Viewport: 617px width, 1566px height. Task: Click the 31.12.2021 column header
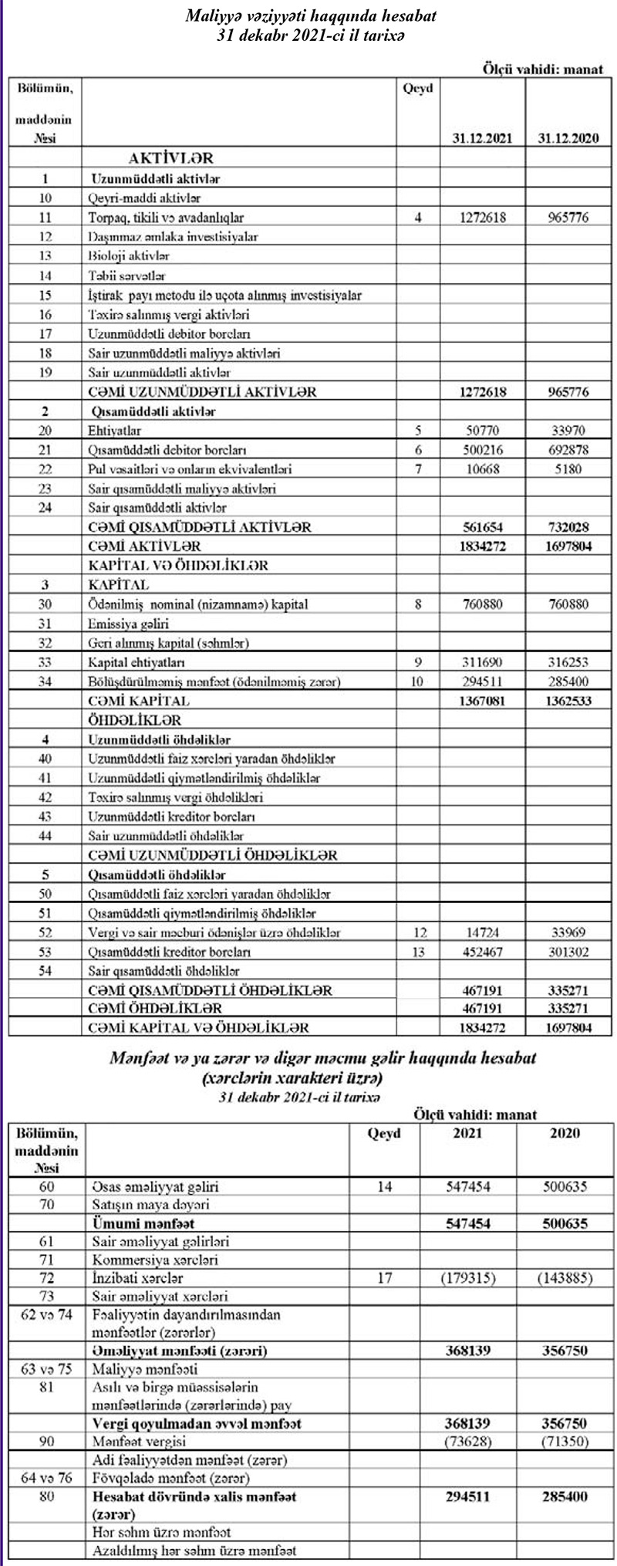483,138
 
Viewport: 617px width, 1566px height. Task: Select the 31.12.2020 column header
565,138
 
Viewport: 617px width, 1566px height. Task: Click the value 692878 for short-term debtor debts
565,449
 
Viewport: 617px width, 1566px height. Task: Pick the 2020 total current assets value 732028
565,526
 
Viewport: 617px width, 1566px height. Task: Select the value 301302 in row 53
565,952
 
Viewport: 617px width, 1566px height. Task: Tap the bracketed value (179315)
468,1277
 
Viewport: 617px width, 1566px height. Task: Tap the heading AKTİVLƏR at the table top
170,158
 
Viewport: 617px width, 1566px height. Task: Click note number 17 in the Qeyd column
385,1277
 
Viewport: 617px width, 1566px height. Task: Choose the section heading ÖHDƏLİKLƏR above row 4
134,720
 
